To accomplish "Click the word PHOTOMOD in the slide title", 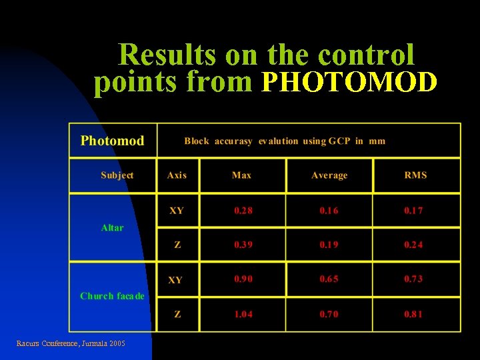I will (350, 82).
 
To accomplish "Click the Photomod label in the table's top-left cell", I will (112, 141).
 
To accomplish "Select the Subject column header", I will (117, 175).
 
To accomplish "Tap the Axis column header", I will (177, 175).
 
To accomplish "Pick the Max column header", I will (241, 175).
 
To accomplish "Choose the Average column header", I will (329, 175).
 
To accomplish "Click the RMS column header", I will (415, 175).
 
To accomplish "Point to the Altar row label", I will (112, 228).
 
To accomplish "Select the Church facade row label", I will (112, 296).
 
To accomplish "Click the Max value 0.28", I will (243, 211).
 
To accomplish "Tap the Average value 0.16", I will (329, 211).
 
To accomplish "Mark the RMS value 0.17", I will (413, 211).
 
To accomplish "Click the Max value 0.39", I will (243, 245).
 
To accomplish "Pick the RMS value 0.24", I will (413, 245).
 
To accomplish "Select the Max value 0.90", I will (243, 279).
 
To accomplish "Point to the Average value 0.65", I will (329, 279).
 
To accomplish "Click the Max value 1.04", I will (243, 314).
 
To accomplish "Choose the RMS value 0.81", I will (413, 314).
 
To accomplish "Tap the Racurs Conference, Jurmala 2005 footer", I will (71, 343).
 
